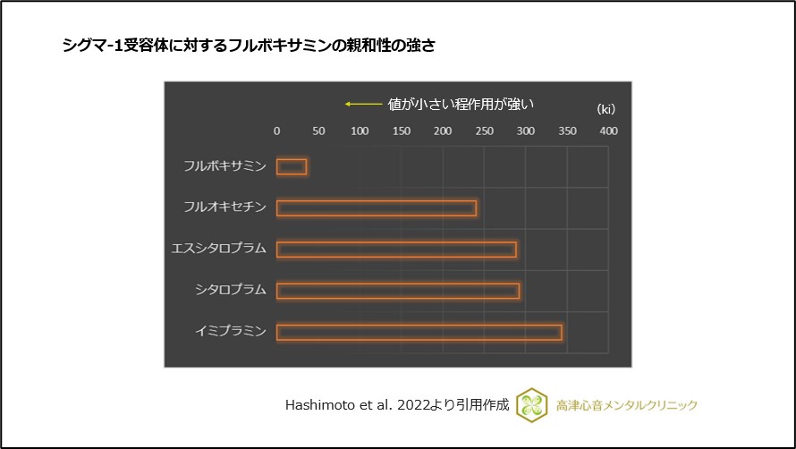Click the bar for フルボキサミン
tap(292, 166)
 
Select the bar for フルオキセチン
tap(377, 208)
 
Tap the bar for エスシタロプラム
tap(396, 250)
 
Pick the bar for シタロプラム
tap(398, 291)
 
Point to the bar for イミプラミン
tap(419, 333)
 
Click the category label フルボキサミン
tap(224, 166)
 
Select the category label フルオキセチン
tap(224, 208)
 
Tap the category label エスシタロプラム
tap(219, 250)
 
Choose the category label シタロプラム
tap(231, 291)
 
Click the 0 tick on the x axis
tap(276, 131)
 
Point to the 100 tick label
tap(360, 131)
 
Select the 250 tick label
tap(484, 131)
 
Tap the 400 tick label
tap(608, 131)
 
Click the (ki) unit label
tap(606, 109)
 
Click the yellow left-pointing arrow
tap(362, 104)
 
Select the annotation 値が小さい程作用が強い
tap(461, 104)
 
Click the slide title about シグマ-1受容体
tap(249, 46)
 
